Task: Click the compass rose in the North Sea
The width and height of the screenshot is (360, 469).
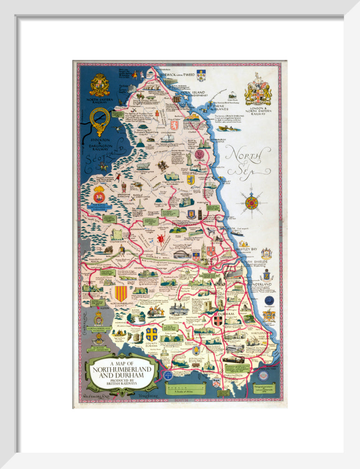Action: click(x=252, y=203)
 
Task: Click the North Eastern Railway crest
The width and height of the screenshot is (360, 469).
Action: click(x=99, y=85)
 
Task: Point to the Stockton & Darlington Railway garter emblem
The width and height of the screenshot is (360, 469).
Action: click(x=100, y=120)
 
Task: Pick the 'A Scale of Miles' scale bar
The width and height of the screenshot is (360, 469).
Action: click(x=185, y=389)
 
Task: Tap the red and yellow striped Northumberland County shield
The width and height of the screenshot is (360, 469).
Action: click(x=121, y=294)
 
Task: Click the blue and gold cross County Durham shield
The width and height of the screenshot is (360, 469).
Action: click(x=152, y=334)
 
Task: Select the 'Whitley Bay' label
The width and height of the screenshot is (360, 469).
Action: click(x=247, y=249)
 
